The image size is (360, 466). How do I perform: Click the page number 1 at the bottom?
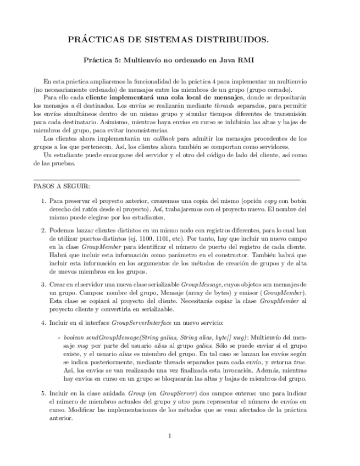click(x=170, y=436)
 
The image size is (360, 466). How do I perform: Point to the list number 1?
click(x=44, y=201)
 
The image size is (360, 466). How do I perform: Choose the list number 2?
click(x=44, y=231)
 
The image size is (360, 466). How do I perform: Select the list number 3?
click(x=44, y=284)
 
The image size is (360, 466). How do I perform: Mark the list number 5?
click(x=44, y=394)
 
